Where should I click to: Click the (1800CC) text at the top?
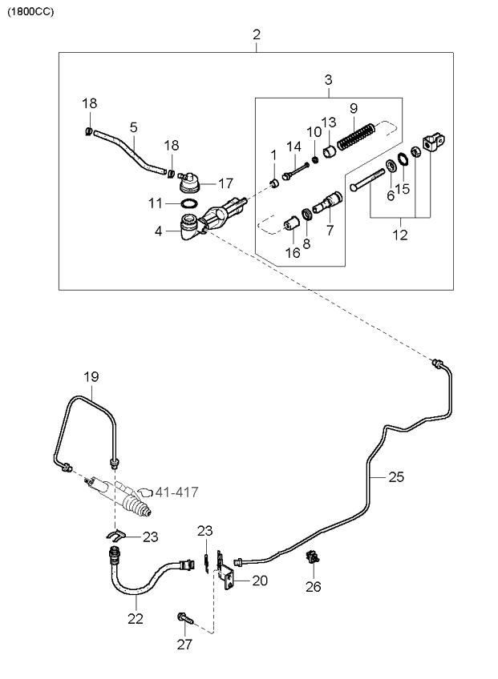click(x=30, y=12)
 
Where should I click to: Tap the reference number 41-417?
click(x=176, y=492)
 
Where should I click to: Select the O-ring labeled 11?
click(x=188, y=203)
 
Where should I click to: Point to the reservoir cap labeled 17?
click(x=189, y=183)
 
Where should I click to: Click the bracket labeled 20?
click(x=226, y=573)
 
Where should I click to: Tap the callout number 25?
click(x=396, y=476)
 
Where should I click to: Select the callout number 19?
click(x=91, y=377)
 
